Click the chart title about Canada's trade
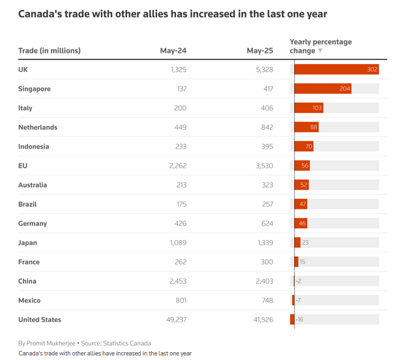(173, 14)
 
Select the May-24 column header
(173, 51)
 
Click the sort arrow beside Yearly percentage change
(320, 51)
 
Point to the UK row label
(23, 70)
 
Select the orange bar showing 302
(336, 70)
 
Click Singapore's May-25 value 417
(265, 89)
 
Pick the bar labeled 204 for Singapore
(323, 89)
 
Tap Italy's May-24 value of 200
(180, 108)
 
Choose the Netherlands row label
(38, 127)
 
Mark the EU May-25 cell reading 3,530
(261, 166)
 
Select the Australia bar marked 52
(304, 185)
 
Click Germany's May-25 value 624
(265, 224)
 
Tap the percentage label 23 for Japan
(305, 243)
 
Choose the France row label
(29, 262)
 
